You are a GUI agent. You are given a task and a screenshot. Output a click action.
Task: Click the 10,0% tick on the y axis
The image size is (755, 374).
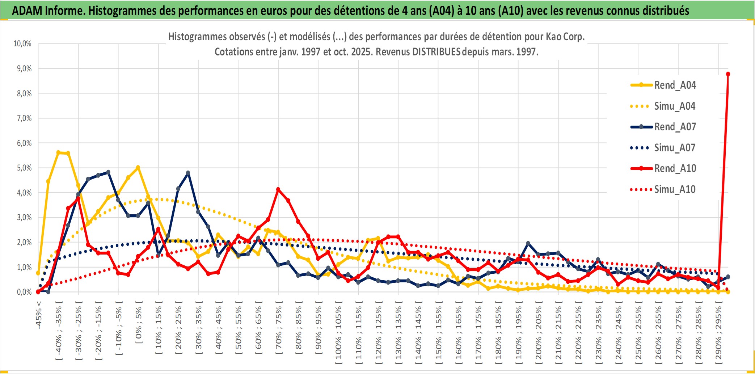point(22,44)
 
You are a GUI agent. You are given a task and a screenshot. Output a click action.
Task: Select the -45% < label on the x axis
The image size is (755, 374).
point(39,315)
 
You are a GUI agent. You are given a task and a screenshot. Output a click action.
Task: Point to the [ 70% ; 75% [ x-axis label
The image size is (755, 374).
point(279,329)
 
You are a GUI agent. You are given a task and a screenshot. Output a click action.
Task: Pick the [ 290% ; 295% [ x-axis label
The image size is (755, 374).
point(718,334)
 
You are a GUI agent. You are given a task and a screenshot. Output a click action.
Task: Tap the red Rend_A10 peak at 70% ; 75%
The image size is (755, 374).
point(278,189)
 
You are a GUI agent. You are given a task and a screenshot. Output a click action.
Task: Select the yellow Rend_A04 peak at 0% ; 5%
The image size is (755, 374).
point(138,168)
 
